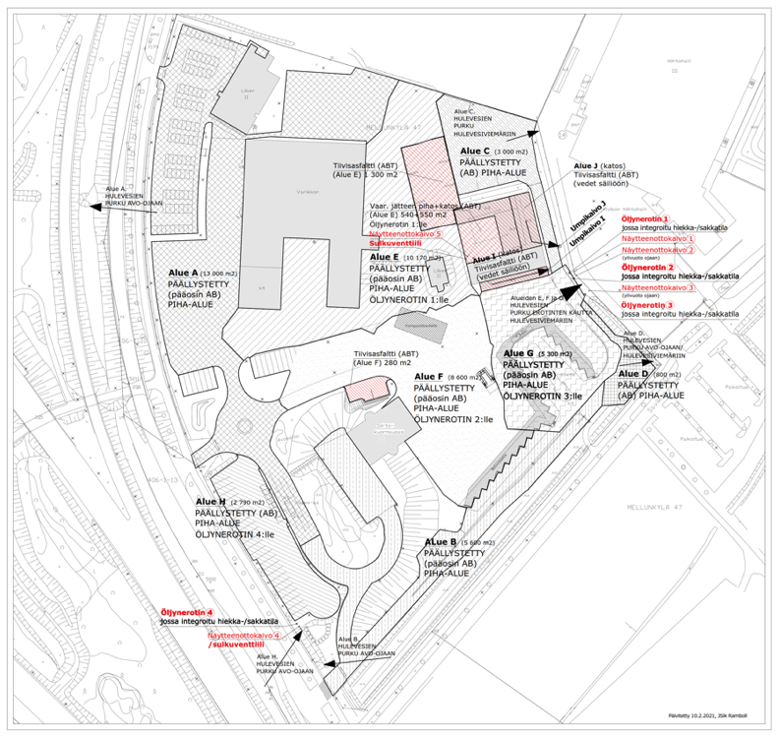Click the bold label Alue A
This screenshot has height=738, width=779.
point(184,273)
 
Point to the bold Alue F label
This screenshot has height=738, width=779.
point(430,377)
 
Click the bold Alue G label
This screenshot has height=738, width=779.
point(517,353)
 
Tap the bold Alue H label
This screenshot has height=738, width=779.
point(210,502)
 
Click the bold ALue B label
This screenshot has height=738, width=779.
point(440,542)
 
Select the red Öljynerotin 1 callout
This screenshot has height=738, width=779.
point(645,218)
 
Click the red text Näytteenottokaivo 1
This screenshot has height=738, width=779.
point(657,238)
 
